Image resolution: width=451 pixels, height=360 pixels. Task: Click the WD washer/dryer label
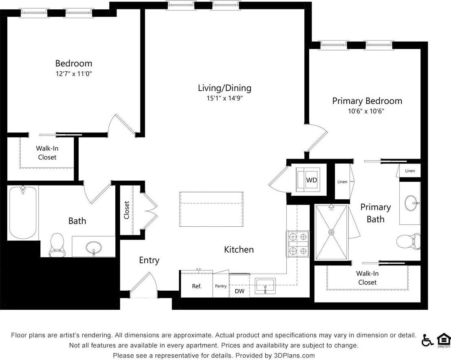pyautogui.click(x=312, y=180)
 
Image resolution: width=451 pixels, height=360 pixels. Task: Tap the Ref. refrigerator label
pyautogui.click(x=197, y=286)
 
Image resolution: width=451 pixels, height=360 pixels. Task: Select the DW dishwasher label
pyautogui.click(x=240, y=291)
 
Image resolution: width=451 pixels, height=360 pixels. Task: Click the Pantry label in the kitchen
pyautogui.click(x=221, y=286)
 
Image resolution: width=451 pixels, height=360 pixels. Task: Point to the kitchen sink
pyautogui.click(x=265, y=286)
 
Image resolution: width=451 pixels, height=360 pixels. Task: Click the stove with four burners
pyautogui.click(x=298, y=244)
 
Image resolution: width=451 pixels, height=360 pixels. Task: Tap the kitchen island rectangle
pyautogui.click(x=211, y=209)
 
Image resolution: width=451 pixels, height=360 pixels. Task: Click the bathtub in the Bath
pyautogui.click(x=23, y=212)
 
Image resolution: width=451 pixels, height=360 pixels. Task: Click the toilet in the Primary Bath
pyautogui.click(x=408, y=241)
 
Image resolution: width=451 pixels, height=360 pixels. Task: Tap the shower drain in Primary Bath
pyautogui.click(x=331, y=232)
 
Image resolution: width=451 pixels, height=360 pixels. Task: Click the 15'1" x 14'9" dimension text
pyautogui.click(x=224, y=98)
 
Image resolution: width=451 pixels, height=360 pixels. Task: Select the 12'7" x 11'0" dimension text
pyautogui.click(x=74, y=74)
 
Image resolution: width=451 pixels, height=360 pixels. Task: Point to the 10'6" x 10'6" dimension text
pyautogui.click(x=367, y=111)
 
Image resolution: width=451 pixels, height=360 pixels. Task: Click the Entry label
pyautogui.click(x=149, y=260)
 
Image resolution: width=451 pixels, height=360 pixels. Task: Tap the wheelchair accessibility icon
pyautogui.click(x=427, y=340)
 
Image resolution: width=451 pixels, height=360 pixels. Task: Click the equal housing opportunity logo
pyautogui.click(x=443, y=340)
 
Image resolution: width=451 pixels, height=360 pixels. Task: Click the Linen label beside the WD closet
pyautogui.click(x=342, y=182)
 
